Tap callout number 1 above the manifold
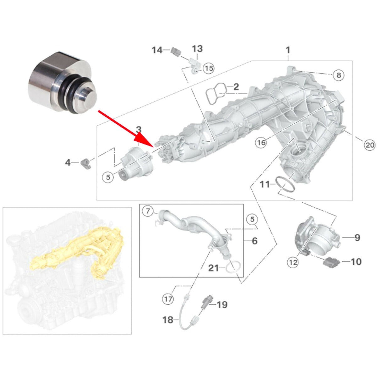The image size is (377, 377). coord(288,50)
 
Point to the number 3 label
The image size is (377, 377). coord(139,129)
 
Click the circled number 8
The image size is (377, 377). coord(338,75)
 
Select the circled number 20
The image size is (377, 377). coord(369,145)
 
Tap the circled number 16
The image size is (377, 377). coord(261,143)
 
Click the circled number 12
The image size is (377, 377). coord(293,262)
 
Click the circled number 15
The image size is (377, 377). coord(209,68)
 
